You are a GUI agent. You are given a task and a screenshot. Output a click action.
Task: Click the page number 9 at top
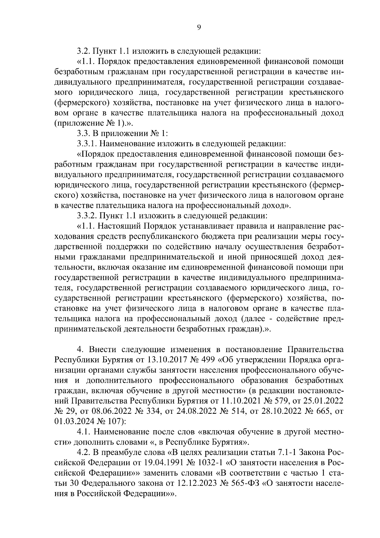point(199,27)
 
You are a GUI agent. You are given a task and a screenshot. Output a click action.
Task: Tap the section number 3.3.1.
point(87,144)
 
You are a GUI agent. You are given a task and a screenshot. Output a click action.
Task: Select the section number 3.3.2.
point(87,216)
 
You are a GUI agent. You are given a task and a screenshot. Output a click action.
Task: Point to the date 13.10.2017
point(166,360)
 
